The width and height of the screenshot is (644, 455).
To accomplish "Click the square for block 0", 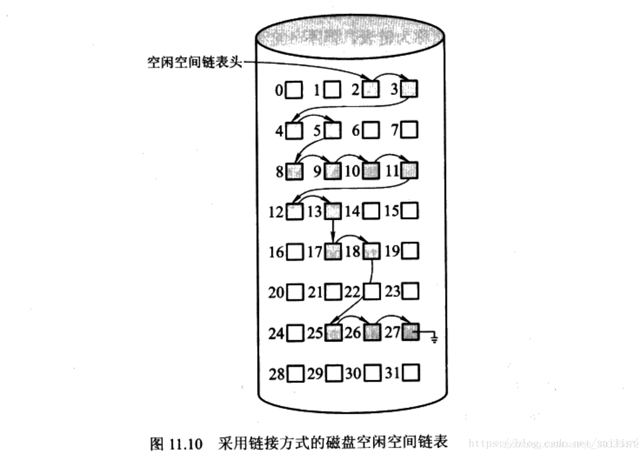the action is click(x=294, y=90).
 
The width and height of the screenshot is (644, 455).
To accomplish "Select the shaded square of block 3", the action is click(x=410, y=90).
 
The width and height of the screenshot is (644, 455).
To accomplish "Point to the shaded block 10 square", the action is click(x=371, y=171).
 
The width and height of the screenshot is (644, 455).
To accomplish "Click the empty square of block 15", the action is click(x=410, y=211).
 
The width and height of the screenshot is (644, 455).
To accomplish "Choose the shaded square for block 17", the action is click(x=333, y=252).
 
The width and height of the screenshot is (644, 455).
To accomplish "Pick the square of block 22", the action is click(x=371, y=291).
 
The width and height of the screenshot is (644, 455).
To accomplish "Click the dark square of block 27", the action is click(x=410, y=333).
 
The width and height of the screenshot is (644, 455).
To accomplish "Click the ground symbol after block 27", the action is click(x=434, y=338).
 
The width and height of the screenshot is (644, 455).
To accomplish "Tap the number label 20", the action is click(x=276, y=292).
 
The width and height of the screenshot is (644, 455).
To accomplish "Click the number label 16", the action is click(x=276, y=252).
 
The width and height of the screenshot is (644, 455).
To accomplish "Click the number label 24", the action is click(x=276, y=334).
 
